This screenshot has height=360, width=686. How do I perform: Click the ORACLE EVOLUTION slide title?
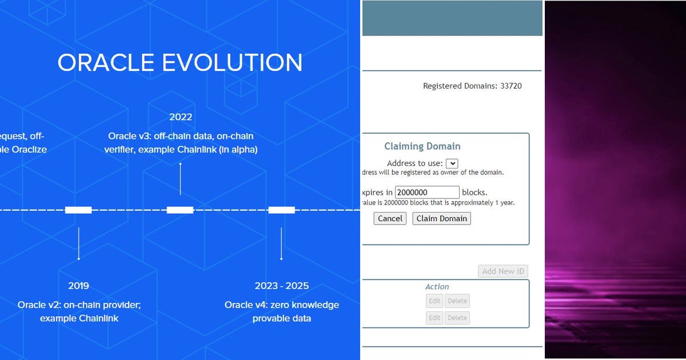(180, 63)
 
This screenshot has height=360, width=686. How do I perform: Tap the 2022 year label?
(181, 117)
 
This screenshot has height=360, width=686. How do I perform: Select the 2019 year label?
(79, 286)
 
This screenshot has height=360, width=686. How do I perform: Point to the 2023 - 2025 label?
(282, 286)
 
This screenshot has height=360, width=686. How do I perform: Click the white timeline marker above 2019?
(78, 210)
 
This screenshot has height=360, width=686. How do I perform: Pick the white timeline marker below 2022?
(180, 210)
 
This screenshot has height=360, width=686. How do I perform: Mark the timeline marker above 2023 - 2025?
(281, 210)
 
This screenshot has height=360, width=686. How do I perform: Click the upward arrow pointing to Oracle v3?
(181, 178)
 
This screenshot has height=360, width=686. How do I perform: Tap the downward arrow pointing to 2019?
(79, 244)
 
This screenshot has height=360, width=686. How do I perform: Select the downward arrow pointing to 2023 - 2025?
(281, 244)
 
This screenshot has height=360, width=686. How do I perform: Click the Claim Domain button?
(441, 218)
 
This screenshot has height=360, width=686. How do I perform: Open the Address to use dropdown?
(452, 163)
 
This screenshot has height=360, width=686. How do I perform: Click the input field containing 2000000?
(427, 193)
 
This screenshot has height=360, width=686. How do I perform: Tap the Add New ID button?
(502, 271)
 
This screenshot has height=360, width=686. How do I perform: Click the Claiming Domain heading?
(422, 146)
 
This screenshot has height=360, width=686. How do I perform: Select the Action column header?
(437, 287)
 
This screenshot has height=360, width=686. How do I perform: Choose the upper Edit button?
(434, 301)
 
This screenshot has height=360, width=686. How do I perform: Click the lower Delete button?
(457, 318)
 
